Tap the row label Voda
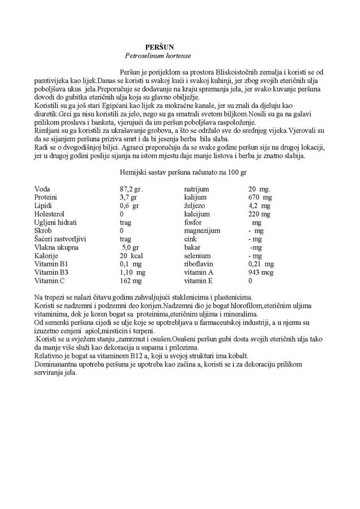tap(42, 188)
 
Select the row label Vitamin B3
tap(52, 272)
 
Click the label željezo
tap(195, 206)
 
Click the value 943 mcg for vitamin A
tap(262, 272)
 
